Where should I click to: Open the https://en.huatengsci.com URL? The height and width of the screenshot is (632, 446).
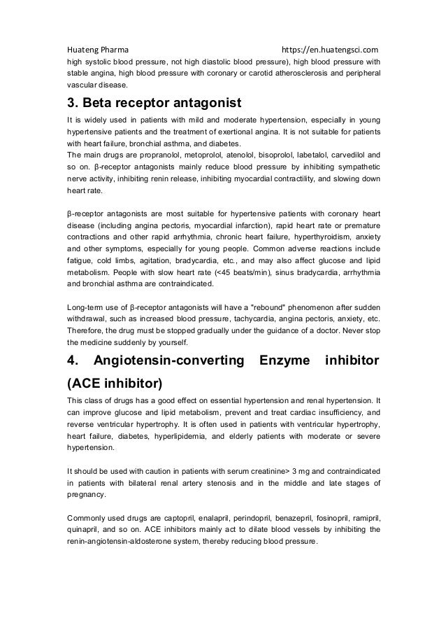coord(330,50)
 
